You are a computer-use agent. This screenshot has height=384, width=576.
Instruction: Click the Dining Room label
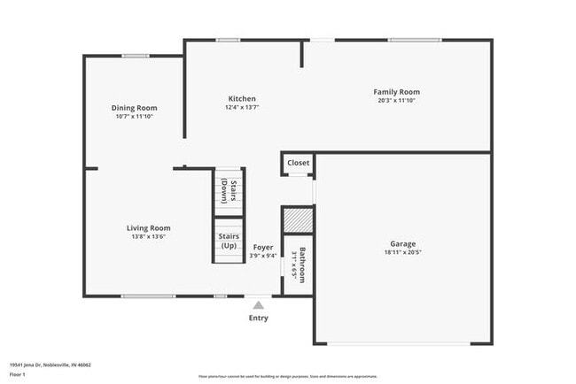pyautogui.click(x=134, y=108)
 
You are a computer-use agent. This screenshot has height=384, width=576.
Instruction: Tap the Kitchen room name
pyautogui.click(x=242, y=99)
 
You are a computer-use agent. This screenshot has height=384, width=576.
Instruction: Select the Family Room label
pyautogui.click(x=396, y=92)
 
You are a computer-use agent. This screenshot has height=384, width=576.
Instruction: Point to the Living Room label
pyautogui.click(x=148, y=227)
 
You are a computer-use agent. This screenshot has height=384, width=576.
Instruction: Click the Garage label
pyautogui.click(x=403, y=243)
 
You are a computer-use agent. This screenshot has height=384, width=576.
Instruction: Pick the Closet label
pyautogui.click(x=299, y=163)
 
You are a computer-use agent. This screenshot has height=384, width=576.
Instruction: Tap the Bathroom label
pyautogui.click(x=302, y=265)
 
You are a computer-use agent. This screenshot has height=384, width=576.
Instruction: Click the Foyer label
pyautogui.click(x=263, y=248)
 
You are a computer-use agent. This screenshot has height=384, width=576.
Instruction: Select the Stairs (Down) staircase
pyautogui.click(x=228, y=191)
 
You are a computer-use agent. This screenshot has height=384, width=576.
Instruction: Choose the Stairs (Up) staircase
pyautogui.click(x=228, y=241)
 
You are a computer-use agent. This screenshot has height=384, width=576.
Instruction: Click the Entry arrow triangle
pyautogui.click(x=259, y=305)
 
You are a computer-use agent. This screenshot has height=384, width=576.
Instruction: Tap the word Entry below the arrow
pyautogui.click(x=259, y=319)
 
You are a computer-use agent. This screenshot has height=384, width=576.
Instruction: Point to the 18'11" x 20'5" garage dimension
pyautogui.click(x=403, y=252)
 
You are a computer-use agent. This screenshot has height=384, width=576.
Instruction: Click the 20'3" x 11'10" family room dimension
pyautogui.click(x=396, y=101)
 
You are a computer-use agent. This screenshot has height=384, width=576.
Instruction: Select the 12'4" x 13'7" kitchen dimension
pyautogui.click(x=242, y=108)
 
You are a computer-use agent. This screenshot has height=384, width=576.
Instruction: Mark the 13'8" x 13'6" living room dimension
pyautogui.click(x=148, y=236)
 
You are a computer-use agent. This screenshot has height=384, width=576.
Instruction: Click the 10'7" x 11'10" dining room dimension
pyautogui.click(x=134, y=117)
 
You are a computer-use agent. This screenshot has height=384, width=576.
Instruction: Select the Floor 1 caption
pyautogui.click(x=18, y=374)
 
